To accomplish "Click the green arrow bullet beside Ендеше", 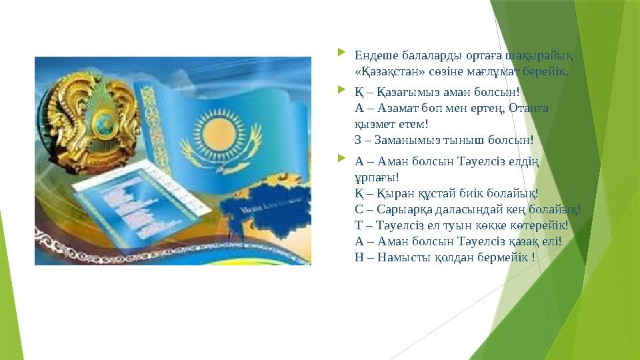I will (x=342, y=53).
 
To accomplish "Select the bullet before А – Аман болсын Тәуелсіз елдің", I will (x=342, y=159).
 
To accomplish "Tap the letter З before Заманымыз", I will (x=359, y=139).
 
